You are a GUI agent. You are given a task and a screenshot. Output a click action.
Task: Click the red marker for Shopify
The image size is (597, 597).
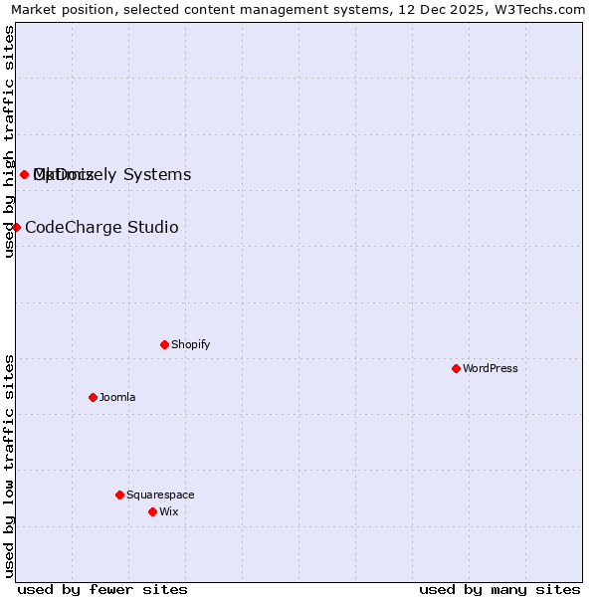tap(164, 344)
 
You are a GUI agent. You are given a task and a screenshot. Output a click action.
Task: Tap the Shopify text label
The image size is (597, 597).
tap(190, 345)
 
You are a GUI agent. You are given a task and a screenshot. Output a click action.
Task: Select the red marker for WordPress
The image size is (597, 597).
tap(456, 368)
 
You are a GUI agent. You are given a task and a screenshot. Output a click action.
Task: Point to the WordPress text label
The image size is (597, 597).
tap(490, 369)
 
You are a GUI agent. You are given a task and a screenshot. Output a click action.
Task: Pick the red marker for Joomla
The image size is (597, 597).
tap(93, 397)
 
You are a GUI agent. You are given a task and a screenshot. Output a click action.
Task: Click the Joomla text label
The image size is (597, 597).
tap(117, 398)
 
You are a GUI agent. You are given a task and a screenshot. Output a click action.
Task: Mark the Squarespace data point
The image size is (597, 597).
tap(119, 495)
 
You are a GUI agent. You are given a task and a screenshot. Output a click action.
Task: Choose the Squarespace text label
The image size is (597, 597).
tap(160, 496)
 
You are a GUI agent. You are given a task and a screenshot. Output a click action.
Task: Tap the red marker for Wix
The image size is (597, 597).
tap(152, 511)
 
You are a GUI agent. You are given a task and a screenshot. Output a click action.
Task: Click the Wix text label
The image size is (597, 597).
tap(169, 512)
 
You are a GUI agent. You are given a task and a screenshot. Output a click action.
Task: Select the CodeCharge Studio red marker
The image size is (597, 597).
tap(16, 227)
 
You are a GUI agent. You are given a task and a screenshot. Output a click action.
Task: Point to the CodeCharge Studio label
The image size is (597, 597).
tap(101, 228)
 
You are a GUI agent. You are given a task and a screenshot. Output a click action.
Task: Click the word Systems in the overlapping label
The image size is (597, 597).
tap(156, 175)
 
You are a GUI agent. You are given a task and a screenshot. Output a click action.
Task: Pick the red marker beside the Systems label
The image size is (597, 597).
tap(24, 175)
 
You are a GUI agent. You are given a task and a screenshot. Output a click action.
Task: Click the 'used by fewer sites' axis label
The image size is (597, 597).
tap(102, 590)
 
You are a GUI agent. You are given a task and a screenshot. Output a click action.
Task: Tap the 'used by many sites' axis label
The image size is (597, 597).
tap(499, 590)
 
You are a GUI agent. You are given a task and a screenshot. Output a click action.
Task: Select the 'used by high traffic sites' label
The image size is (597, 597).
tap(9, 141)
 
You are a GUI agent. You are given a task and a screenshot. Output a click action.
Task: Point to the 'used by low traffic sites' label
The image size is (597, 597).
tap(9, 466)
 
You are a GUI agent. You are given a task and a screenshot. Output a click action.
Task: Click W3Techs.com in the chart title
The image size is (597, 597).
tap(540, 9)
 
